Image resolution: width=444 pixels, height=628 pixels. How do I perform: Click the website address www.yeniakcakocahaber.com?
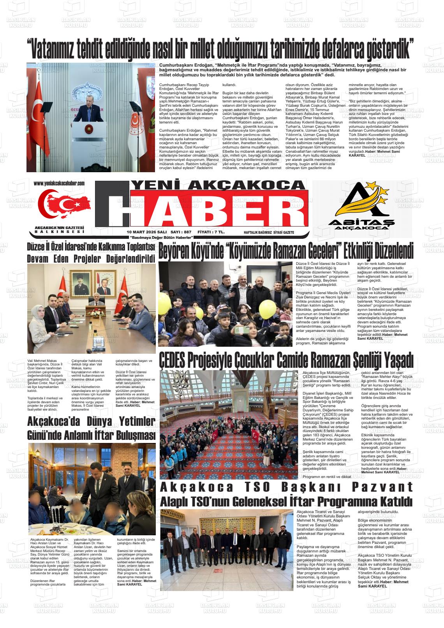tap(59, 183)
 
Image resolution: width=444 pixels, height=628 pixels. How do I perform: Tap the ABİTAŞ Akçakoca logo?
tap(361, 206)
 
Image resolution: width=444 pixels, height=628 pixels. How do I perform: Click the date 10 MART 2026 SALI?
tap(141, 232)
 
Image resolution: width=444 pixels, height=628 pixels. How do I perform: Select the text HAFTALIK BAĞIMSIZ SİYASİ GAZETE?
tap(269, 233)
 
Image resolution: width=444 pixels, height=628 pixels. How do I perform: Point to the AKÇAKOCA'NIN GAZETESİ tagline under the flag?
tap(59, 227)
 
